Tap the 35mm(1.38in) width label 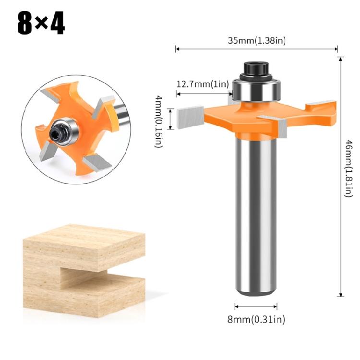coord(256,41)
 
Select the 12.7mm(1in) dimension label coord(202,84)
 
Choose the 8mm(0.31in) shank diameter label coord(256,320)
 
